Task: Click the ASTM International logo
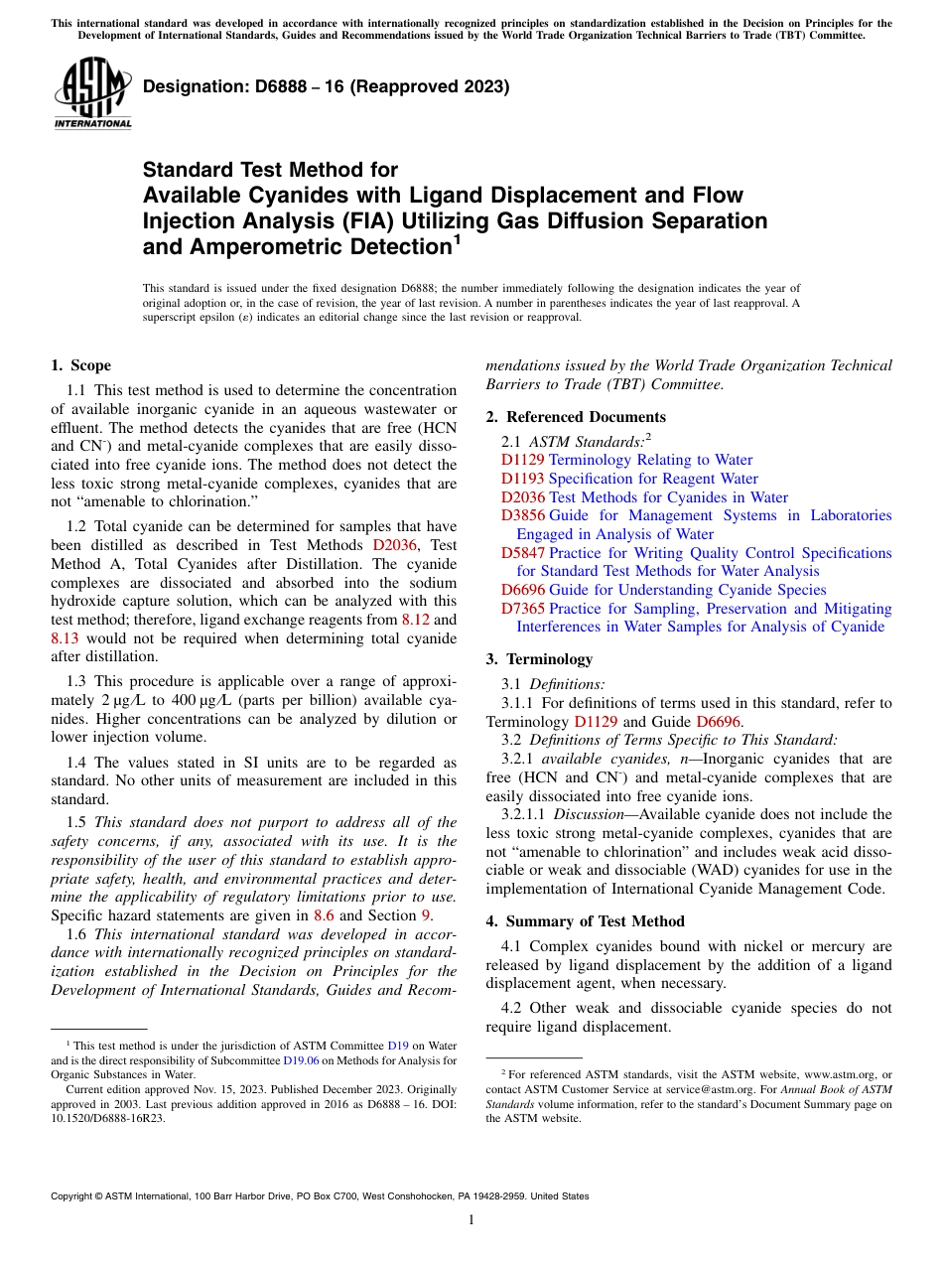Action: [x=92, y=93]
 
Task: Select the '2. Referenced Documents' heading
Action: [x=576, y=417]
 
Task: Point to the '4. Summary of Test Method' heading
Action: [x=585, y=921]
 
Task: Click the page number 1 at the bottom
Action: [x=471, y=1220]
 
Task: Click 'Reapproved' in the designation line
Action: [x=368, y=86]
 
